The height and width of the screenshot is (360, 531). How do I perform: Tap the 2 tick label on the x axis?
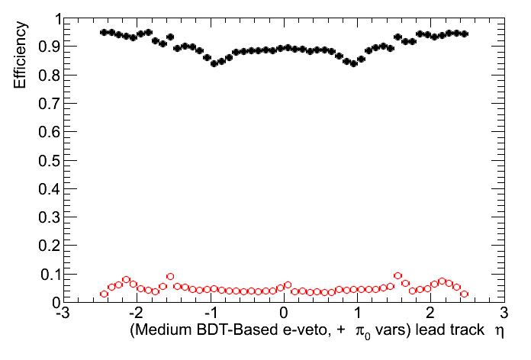(x=431, y=313)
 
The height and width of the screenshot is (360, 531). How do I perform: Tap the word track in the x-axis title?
(x=466, y=332)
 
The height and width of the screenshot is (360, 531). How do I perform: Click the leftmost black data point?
(x=105, y=33)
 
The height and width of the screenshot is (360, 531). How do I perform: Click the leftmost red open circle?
(x=105, y=294)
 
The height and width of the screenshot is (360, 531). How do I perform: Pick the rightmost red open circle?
(x=464, y=294)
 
